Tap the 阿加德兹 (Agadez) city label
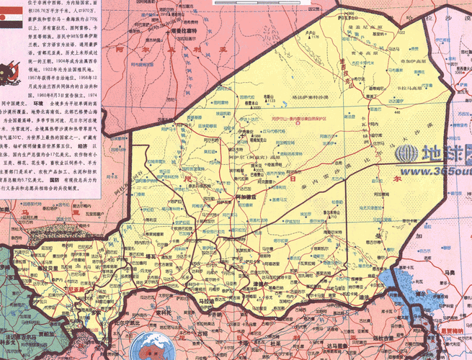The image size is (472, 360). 246,197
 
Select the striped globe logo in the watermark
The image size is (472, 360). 407,153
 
